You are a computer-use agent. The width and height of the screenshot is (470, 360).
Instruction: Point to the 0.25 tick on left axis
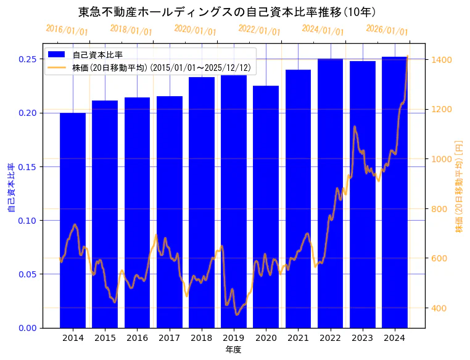[x=28, y=59]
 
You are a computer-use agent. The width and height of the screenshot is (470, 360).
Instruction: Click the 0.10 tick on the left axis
[x=28, y=221]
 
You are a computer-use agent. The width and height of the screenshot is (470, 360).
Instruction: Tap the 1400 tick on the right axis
[x=442, y=60]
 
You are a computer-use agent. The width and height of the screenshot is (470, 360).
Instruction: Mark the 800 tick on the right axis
[x=439, y=209]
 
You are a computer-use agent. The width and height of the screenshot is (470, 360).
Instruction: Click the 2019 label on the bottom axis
[x=234, y=338]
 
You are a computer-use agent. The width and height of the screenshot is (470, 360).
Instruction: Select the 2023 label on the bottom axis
[x=362, y=338]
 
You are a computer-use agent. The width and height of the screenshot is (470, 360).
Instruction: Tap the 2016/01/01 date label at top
[x=67, y=30]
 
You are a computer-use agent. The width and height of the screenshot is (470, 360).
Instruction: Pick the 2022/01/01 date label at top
[x=259, y=30]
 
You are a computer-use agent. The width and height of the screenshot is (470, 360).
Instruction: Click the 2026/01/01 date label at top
[x=387, y=30]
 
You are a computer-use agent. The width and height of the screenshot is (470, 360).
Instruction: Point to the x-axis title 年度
[x=233, y=350]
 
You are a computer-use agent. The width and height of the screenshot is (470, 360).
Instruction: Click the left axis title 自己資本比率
[x=10, y=187]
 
